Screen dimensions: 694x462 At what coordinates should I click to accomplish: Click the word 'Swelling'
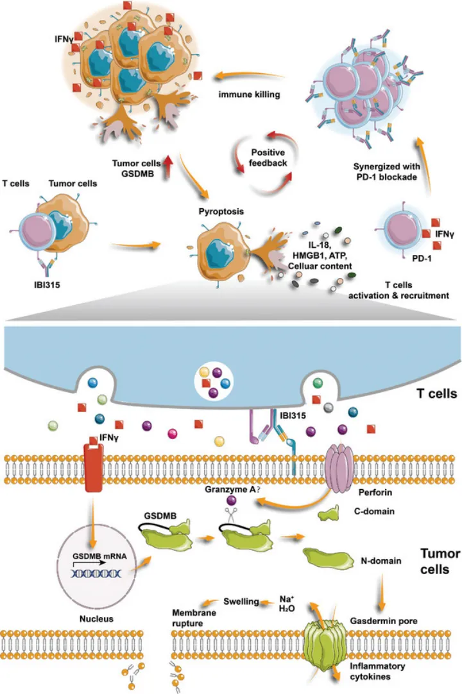click(x=241, y=602)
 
